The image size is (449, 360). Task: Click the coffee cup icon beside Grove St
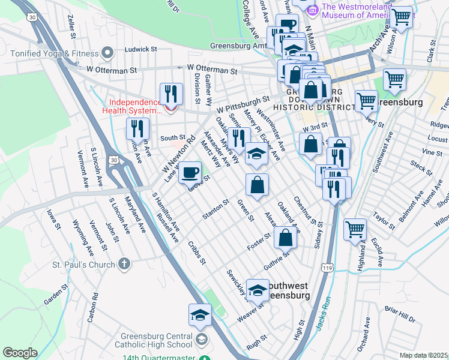coord(190,173)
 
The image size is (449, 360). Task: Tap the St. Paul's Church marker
coord(124,264)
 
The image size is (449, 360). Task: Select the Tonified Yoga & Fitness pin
coord(108,53)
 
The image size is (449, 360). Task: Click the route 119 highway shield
coord(327,265)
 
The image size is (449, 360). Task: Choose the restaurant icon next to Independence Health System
coord(171,94)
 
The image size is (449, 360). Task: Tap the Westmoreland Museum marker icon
coord(312,10)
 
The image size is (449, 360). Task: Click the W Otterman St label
coord(212,70)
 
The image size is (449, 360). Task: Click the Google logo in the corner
coord(20,353)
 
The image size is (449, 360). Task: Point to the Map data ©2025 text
coord(424,355)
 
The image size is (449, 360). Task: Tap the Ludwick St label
coord(140,49)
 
